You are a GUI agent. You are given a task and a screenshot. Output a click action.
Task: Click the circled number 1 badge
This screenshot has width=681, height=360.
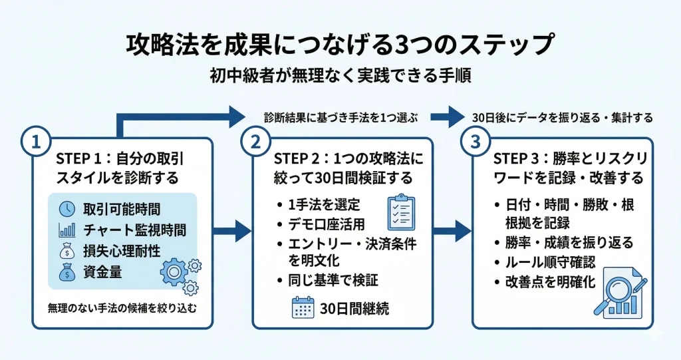[x=34, y=141]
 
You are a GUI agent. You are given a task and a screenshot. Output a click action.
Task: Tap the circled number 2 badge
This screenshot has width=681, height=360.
[x=255, y=141]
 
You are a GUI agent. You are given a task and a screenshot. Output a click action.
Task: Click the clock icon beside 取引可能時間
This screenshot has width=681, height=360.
[x=67, y=208]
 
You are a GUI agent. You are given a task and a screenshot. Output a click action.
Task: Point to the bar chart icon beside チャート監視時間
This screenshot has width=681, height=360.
[x=67, y=230]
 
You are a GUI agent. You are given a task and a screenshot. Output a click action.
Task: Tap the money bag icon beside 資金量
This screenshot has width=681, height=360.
[x=67, y=273]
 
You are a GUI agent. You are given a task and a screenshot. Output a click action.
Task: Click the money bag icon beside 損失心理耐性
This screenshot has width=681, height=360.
[x=67, y=252]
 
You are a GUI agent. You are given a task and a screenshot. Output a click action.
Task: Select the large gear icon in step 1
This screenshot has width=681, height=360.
[x=174, y=272]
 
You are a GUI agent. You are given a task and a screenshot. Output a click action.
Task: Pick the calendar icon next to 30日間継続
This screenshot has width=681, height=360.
[x=303, y=307]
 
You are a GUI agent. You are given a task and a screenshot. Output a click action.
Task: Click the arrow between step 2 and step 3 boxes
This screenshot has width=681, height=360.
[x=453, y=233]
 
